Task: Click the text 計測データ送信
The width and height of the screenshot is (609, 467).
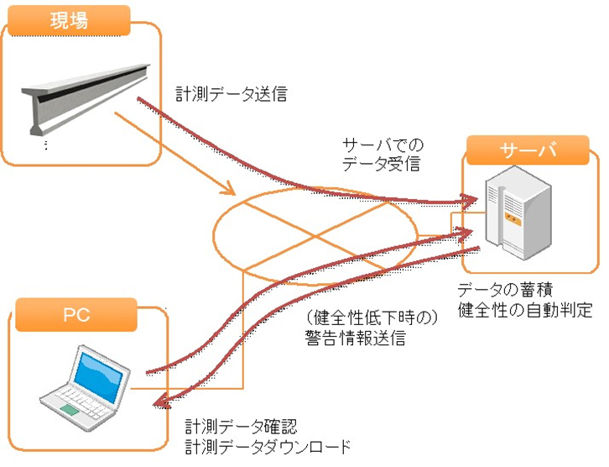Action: click(232, 94)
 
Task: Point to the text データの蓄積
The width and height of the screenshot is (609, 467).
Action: click(504, 291)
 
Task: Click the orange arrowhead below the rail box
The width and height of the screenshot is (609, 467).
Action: click(231, 191)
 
